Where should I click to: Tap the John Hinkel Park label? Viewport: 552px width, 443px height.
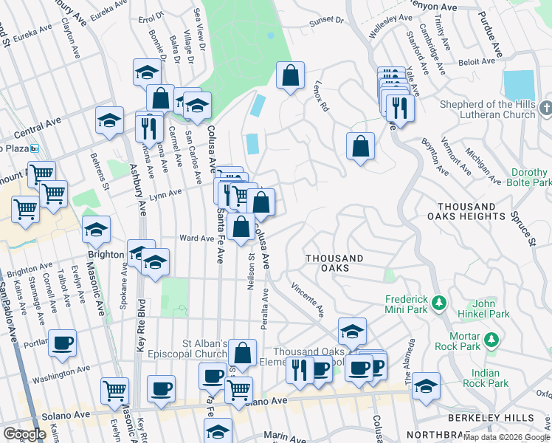point(491,309)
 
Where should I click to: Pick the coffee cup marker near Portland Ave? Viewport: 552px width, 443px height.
point(62,343)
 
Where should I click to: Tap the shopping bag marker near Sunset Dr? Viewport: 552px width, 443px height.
point(291,75)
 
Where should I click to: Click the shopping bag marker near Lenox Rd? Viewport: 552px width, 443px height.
point(360,146)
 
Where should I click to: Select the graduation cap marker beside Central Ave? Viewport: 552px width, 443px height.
point(109,121)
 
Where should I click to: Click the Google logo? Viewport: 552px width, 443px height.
point(24,434)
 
